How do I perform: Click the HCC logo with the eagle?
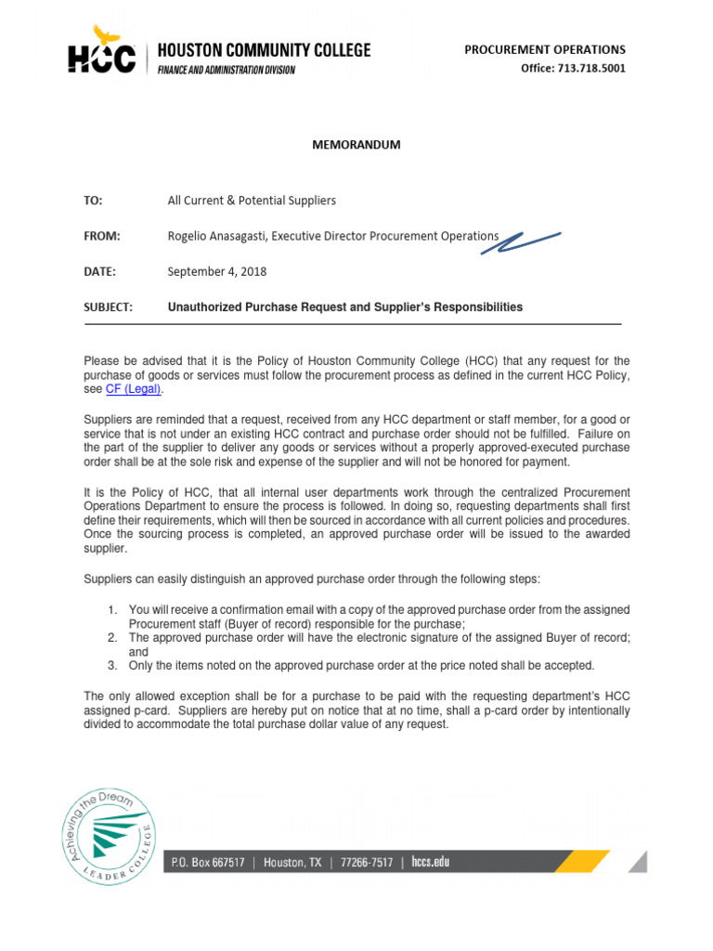pyautogui.click(x=101, y=54)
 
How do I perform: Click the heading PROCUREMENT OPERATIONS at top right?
pyautogui.click(x=545, y=49)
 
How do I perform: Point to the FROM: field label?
pyautogui.click(x=102, y=236)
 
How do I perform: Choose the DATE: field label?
pyautogui.click(x=100, y=271)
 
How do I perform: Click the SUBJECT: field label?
pyautogui.click(x=109, y=306)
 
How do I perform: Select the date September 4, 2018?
pyautogui.click(x=216, y=271)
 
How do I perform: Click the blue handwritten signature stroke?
pyautogui.click(x=529, y=241)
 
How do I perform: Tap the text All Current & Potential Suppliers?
pyautogui.click(x=252, y=201)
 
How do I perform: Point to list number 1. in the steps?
pyautogui.click(x=111, y=609)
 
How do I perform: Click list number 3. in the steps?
pyautogui.click(x=111, y=666)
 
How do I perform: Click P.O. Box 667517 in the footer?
pyautogui.click(x=208, y=863)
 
